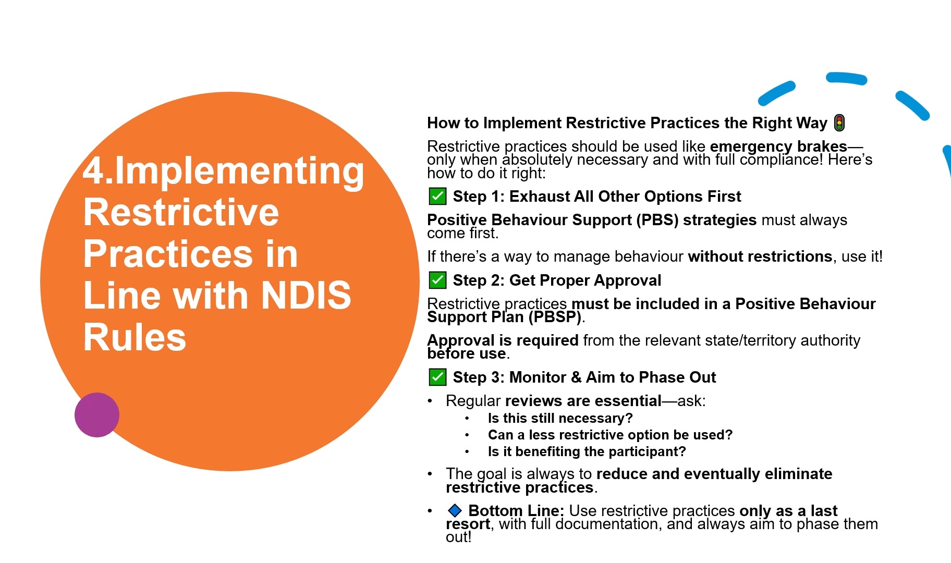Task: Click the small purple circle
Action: tap(97, 415)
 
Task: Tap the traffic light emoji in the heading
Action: tap(839, 123)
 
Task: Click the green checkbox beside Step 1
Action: tap(437, 197)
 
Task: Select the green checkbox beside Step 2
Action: tap(437, 280)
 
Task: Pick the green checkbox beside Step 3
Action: tap(437, 377)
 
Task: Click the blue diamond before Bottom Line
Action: tap(455, 510)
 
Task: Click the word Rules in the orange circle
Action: tap(135, 337)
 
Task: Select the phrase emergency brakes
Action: tap(778, 146)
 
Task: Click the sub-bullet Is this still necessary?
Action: tap(560, 418)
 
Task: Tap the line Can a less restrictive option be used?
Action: tap(610, 435)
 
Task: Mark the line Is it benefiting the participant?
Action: tap(587, 451)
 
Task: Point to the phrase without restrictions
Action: tap(760, 256)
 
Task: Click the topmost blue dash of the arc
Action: tap(846, 78)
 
